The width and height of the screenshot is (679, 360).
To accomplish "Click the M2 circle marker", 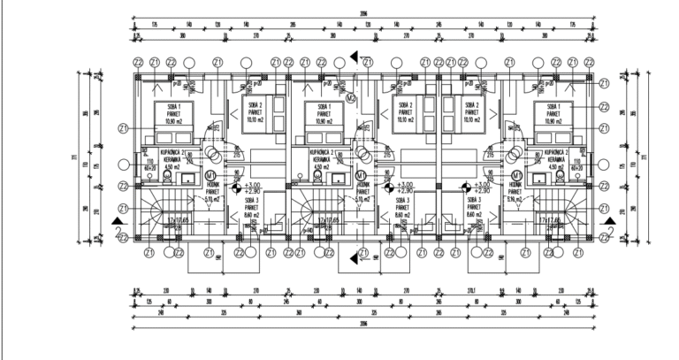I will (x=351, y=96).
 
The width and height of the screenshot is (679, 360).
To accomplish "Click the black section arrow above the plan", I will (x=355, y=57).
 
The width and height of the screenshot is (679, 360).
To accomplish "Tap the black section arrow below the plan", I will (x=355, y=257).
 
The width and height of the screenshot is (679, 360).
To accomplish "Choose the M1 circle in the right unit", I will (x=515, y=176).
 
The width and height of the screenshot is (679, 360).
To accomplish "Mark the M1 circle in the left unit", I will (x=210, y=176).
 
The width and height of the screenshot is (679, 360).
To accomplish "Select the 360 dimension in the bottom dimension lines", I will (x=300, y=312).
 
